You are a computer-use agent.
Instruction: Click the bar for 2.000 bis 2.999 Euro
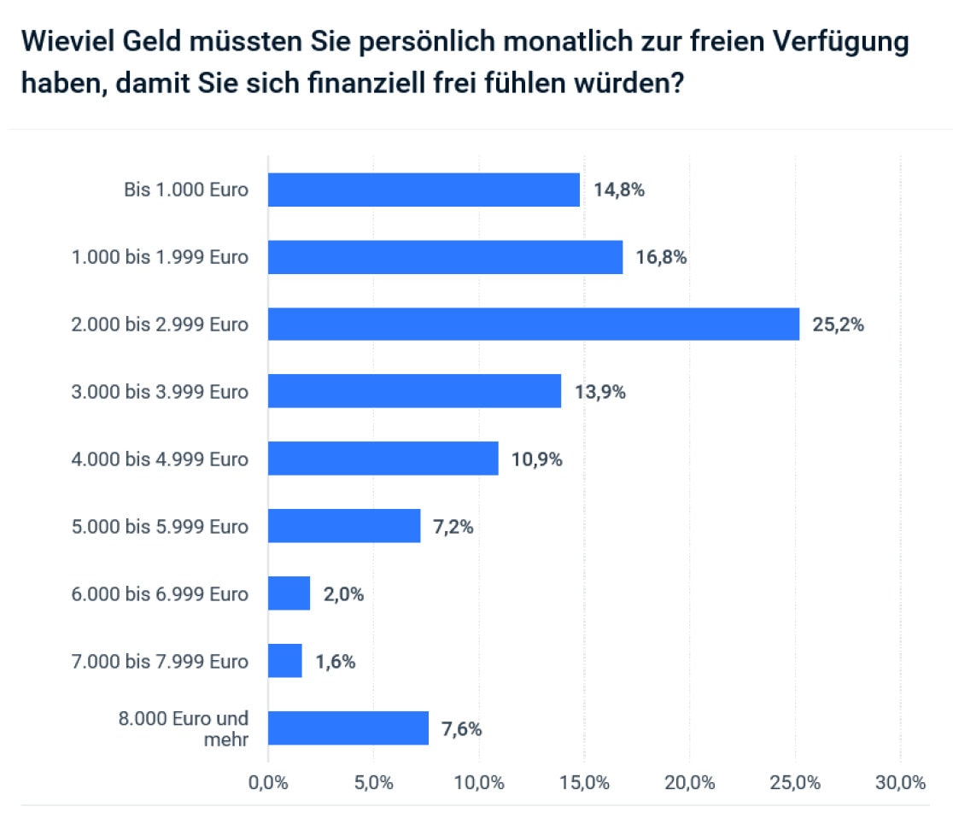click(534, 324)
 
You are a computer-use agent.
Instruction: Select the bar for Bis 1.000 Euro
click(424, 190)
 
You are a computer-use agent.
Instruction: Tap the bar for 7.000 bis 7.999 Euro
click(285, 661)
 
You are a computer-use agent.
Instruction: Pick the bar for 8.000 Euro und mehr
click(348, 728)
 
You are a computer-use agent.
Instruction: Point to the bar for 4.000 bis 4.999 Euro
click(383, 459)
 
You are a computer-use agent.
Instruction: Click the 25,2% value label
click(838, 324)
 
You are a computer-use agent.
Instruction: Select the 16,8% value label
click(661, 257)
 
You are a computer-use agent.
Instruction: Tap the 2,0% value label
click(343, 594)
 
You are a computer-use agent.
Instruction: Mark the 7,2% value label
click(453, 527)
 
